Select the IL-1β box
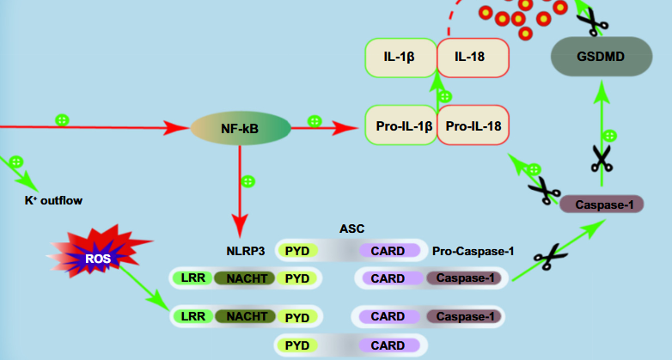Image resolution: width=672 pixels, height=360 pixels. point(400,58)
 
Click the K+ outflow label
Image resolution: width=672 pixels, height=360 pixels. point(53,201)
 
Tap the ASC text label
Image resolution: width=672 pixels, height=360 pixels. point(352,229)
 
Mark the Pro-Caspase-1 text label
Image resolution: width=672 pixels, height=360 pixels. point(473,251)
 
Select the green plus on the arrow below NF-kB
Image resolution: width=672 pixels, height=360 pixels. point(248,181)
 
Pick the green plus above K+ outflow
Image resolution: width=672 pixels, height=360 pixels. point(16,161)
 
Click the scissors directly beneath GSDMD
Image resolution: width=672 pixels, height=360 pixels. point(601,158)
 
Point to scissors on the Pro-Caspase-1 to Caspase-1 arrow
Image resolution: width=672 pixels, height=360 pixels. point(547,255)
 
